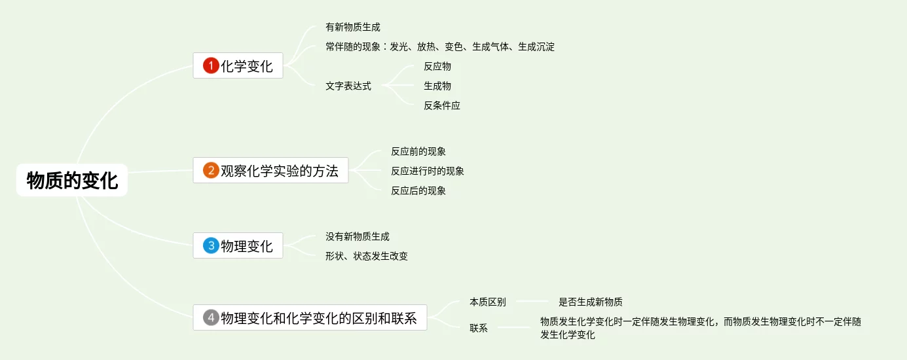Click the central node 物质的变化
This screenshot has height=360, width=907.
point(72,180)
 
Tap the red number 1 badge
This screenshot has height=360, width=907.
point(211,65)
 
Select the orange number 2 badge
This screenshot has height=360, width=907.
point(211,171)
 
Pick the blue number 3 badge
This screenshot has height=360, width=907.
point(211,245)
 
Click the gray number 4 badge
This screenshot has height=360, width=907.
point(211,317)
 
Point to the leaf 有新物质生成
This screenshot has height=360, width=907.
point(352,27)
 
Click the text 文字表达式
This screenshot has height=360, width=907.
point(348,86)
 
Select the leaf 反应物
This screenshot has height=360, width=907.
point(437,66)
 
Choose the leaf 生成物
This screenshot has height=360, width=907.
point(437,86)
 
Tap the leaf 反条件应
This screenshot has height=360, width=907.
point(441,105)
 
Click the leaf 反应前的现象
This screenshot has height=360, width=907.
point(418,151)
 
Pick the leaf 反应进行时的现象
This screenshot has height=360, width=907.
point(427,171)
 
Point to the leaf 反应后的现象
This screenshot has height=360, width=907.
point(418,190)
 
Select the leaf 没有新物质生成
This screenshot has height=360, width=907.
point(357,236)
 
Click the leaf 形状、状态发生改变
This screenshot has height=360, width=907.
point(366,256)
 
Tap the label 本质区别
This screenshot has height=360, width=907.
point(487,302)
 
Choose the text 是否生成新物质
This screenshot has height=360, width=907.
point(590,302)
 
